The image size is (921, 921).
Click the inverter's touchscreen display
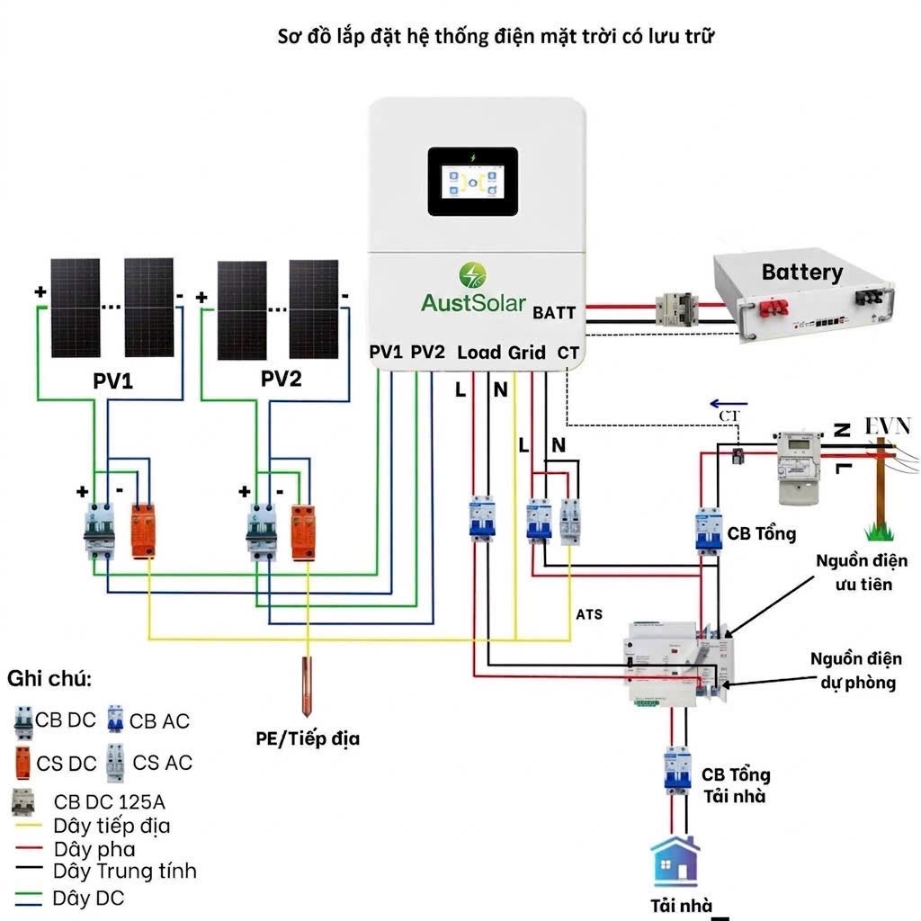473,182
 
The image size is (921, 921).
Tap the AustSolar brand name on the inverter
473,303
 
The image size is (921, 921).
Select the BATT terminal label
554,312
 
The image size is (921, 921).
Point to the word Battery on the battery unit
802,272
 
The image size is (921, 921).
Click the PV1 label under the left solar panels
112,380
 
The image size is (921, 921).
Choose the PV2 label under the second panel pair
282,379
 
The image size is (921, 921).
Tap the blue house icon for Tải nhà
675,861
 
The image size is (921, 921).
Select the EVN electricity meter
798,468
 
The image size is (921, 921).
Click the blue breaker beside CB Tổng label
709,531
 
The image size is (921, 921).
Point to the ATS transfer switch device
679,663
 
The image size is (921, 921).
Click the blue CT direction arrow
729,404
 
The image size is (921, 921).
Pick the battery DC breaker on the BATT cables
676,310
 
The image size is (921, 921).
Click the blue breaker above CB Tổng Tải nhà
677,770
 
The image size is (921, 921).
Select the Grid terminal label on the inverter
526,353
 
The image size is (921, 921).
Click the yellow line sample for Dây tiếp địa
28,826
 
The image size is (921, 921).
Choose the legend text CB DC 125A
109,801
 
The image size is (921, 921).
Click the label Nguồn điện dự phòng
856,671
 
